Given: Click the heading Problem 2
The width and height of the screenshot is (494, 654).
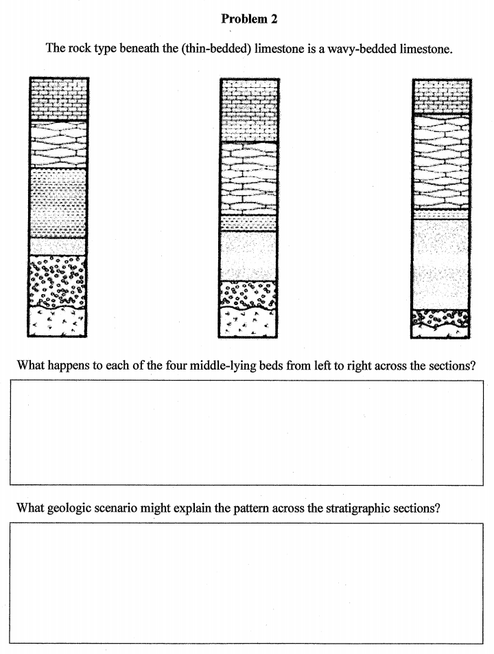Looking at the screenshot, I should click(249, 19).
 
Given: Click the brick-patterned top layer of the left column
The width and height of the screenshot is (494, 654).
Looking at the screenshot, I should click(58, 100).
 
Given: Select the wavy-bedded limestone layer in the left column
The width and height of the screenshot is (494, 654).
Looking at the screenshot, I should click(58, 144).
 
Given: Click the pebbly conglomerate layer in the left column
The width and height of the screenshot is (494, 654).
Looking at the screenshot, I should click(58, 280).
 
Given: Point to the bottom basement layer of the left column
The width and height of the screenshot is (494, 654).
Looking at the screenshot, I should click(58, 321).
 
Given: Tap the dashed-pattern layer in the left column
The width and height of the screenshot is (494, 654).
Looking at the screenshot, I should click(58, 202).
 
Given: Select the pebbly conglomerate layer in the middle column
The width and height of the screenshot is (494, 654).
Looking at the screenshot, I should click(249, 293).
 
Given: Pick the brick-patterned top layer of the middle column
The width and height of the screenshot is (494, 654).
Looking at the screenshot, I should click(249, 110).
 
